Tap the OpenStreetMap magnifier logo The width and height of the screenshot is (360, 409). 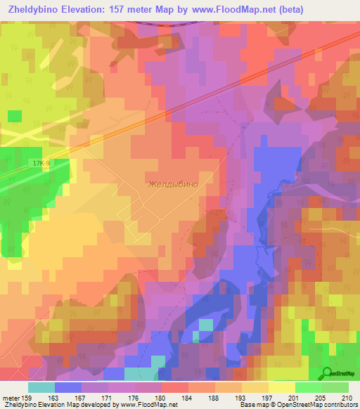click(x=328, y=373)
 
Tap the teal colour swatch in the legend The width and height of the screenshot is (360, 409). click(x=41, y=387)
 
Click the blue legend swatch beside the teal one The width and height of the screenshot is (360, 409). click(x=68, y=387)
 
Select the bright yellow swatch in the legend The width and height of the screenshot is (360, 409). click(x=281, y=387)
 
